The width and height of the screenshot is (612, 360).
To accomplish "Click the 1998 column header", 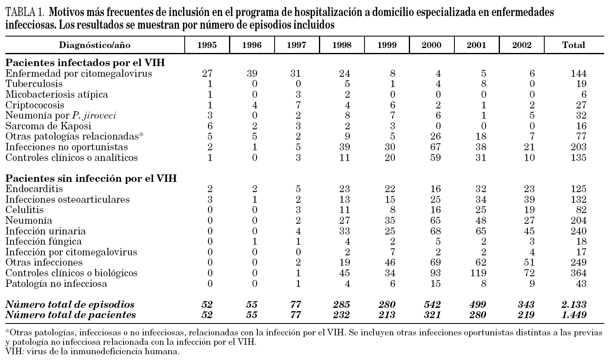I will [x=342, y=45].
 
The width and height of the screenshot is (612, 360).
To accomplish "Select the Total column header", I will [x=573, y=45].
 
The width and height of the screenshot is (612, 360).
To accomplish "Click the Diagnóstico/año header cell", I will [x=95, y=45].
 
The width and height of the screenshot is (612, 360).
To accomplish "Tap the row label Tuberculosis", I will [x=34, y=84].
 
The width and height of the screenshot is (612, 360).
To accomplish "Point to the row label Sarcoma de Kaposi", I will [x=48, y=126].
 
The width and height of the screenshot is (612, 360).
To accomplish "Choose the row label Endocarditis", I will [x=34, y=189].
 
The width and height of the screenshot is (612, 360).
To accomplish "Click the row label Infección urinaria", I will [x=46, y=231].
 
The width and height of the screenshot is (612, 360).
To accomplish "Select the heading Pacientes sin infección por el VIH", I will [x=91, y=179].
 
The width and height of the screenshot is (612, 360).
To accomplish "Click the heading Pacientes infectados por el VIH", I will [x=85, y=63].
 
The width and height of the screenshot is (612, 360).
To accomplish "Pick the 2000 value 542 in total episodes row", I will [x=431, y=305].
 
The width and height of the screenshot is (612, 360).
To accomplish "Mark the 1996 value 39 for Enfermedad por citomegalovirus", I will [x=252, y=74].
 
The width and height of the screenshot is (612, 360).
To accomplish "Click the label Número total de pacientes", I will [x=70, y=315].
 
